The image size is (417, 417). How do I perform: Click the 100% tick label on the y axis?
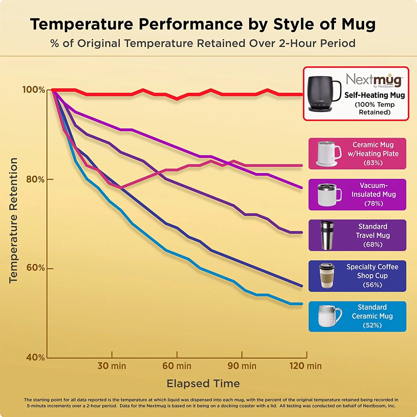pos(34,90)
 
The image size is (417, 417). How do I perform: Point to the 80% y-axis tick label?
pos(35,179)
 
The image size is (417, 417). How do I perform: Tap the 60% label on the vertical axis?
pos(35,268)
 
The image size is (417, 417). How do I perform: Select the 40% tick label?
pos(35,358)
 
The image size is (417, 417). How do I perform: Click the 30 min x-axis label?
pos(112,366)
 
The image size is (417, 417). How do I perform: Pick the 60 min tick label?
pos(177,366)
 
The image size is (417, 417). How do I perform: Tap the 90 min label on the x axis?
pos(242,366)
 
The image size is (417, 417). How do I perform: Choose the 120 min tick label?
pos(305,366)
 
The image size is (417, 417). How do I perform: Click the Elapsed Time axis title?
pos(203,384)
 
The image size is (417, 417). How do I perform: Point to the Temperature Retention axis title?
pos(13,220)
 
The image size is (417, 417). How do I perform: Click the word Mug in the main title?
pos(358,24)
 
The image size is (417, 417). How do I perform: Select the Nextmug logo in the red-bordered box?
pos(374,80)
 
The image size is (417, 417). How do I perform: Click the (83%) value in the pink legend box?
pos(373,163)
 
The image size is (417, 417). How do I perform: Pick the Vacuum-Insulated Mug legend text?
pos(373,190)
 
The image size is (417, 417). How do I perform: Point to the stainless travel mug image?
pos(327,235)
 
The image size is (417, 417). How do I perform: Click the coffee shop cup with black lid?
pos(327,276)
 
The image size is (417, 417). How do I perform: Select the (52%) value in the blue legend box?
pos(372,325)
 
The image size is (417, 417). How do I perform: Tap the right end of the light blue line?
pos(302,304)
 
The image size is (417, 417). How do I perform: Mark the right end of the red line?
pos(302,94)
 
